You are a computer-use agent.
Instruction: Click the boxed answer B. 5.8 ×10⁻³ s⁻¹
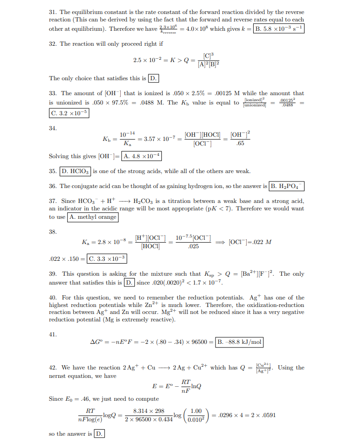pos(278,28)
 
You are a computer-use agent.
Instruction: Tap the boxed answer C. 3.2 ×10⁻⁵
pos(69,113)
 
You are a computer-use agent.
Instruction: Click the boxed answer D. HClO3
pos(76,171)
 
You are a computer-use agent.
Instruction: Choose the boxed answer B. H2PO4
pos(287,186)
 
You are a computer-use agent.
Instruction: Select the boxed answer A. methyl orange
pos(93,217)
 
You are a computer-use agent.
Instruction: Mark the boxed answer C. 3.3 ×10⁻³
pos(107,258)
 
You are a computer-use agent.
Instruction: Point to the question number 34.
pos(53,127)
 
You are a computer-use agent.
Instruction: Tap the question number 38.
pos(53,231)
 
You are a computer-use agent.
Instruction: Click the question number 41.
pos(53,334)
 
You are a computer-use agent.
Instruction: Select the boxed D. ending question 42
pos(99,434)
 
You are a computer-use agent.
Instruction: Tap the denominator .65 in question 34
pos(241,143)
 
